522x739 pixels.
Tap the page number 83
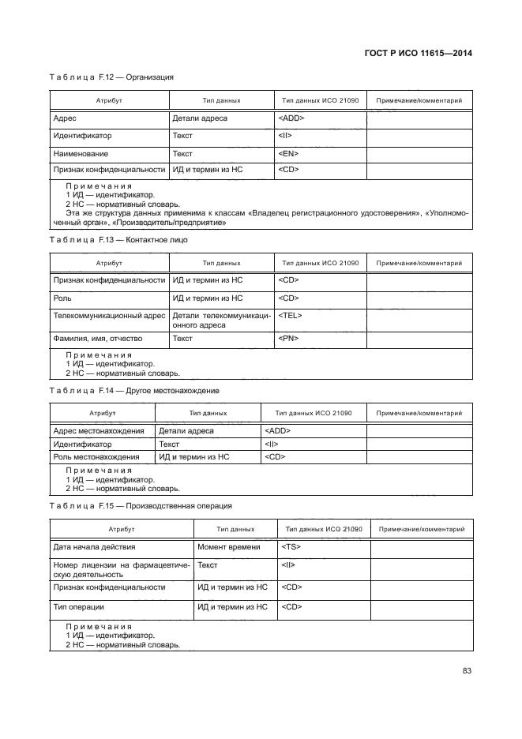tap(467, 671)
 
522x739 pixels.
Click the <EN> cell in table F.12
tap(287, 153)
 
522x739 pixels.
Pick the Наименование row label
tap(81, 153)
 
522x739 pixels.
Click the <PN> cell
tap(288, 338)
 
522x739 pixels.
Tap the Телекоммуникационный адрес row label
tap(109, 315)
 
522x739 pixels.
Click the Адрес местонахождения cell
tap(98, 431)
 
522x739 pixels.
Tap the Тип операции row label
tap(79, 606)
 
